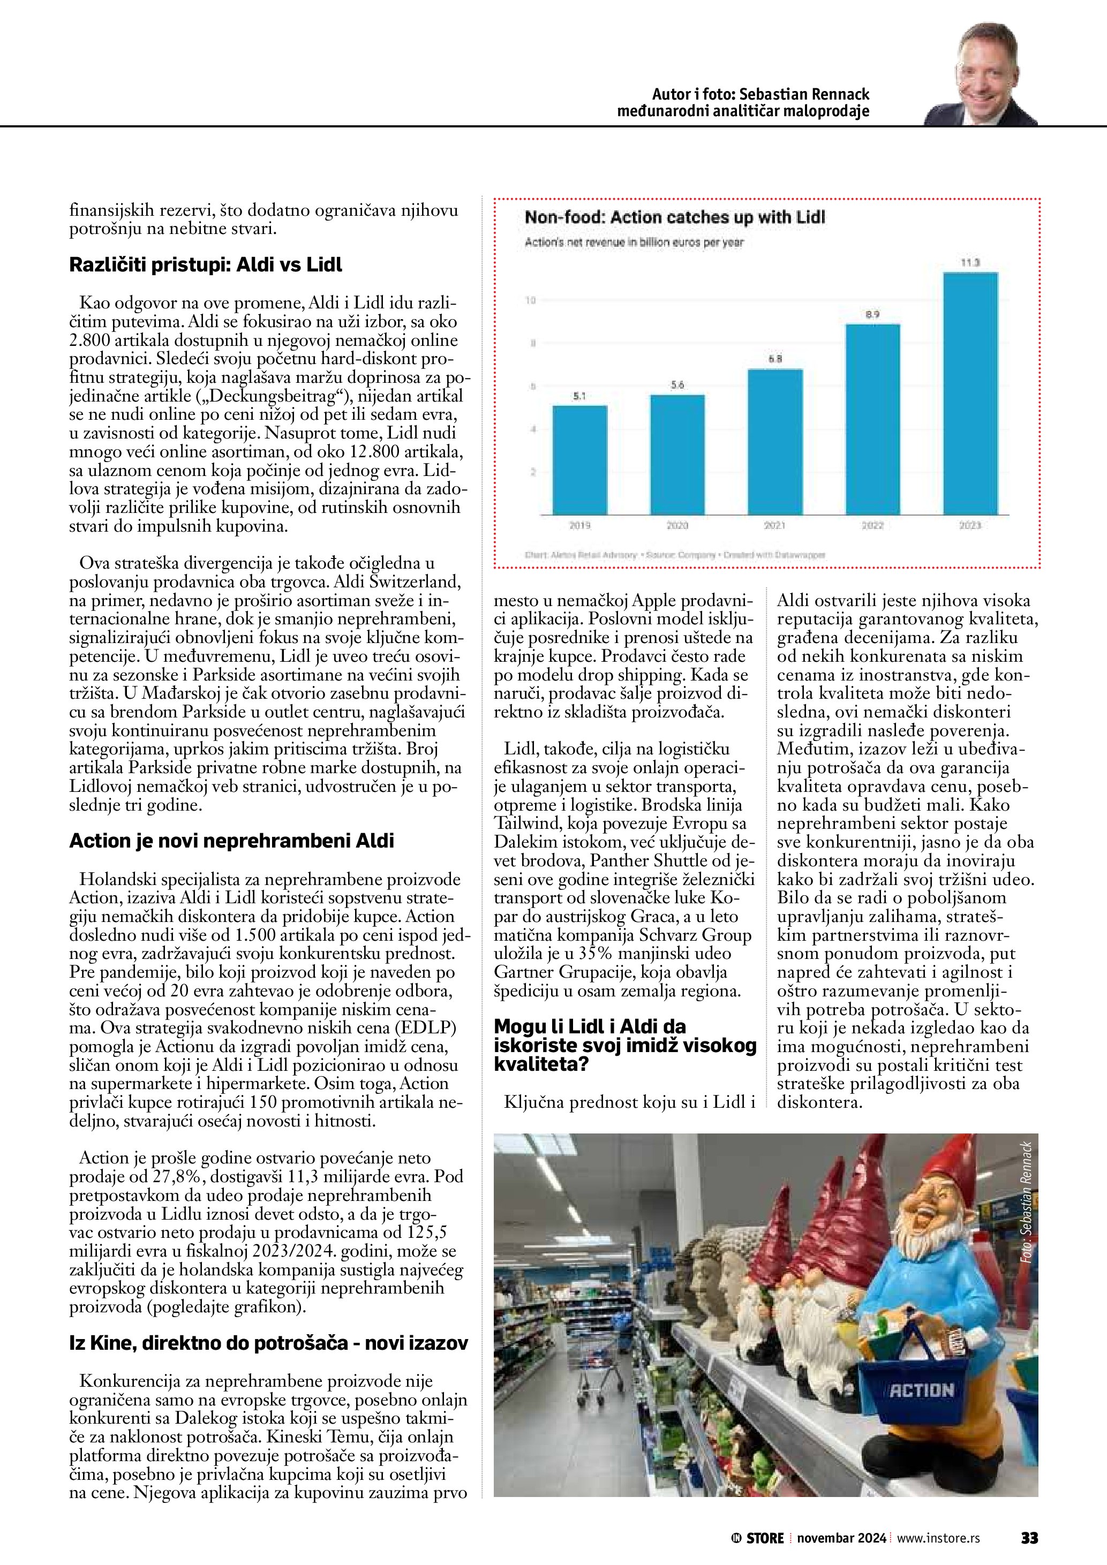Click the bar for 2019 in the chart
579,459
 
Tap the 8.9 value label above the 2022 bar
872,314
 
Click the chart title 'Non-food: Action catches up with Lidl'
674,218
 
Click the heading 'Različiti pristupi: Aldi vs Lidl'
206,264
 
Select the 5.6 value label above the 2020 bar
677,385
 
